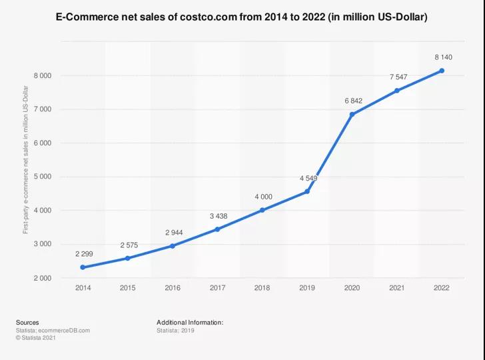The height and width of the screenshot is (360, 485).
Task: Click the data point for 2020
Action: (352, 114)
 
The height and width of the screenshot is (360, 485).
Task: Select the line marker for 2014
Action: (83, 267)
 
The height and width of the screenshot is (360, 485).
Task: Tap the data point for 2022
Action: (441, 71)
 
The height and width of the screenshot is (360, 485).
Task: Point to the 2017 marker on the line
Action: (217, 229)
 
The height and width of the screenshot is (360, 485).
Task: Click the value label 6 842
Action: (353, 100)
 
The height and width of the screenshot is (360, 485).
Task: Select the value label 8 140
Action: (442, 57)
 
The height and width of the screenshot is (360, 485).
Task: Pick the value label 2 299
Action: (84, 254)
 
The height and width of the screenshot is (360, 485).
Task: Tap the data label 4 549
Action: (308, 178)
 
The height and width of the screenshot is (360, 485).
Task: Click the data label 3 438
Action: (219, 215)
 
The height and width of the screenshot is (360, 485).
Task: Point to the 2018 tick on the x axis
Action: (262, 288)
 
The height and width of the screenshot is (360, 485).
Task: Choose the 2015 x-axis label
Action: (128, 288)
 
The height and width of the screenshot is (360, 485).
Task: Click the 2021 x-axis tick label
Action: (396, 288)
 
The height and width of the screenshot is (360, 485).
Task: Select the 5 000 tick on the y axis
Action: (43, 177)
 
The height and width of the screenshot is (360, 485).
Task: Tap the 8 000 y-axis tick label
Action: (43, 76)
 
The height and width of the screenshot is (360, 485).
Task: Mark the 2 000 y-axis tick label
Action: (43, 277)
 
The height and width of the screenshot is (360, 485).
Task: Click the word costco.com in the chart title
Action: (207, 17)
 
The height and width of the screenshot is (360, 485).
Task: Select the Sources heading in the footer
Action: (27, 323)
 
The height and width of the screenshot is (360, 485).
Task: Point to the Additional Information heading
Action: (190, 323)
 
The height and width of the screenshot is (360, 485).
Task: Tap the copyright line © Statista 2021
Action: (36, 337)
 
